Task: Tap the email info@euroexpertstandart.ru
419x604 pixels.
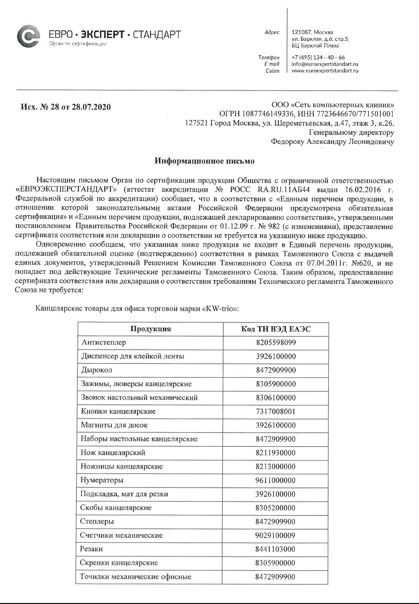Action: point(325,64)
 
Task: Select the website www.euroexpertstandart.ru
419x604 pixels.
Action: point(325,71)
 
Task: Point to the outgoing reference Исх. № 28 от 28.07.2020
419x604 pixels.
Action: point(66,107)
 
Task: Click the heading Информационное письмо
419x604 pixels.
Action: point(205,161)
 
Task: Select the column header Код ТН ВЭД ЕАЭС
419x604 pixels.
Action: point(276,329)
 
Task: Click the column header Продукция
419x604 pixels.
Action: point(150,329)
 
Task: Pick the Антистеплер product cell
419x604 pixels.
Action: point(103,342)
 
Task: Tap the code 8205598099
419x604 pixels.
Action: point(276,343)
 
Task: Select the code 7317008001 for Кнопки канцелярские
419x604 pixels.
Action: point(276,412)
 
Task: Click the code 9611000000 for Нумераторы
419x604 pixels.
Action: point(276,480)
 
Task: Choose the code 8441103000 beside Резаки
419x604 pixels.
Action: point(275,549)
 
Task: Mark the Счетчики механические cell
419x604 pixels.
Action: point(121,535)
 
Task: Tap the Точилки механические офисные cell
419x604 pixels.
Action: point(135,576)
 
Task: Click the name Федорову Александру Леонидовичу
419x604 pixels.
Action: point(332,142)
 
